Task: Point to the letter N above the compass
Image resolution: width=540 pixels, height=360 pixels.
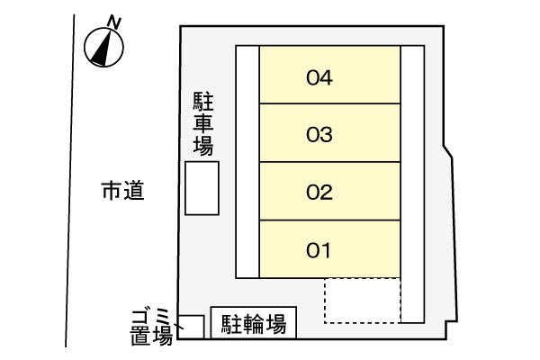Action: tap(113, 20)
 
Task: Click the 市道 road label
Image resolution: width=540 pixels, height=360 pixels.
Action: tap(122, 191)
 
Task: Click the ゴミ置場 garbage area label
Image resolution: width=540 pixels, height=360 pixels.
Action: tap(149, 326)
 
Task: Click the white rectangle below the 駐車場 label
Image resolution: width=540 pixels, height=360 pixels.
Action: tap(202, 188)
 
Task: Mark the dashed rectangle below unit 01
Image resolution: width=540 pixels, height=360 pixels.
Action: tap(362, 300)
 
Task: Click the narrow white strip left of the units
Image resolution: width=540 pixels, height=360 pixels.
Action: tap(247, 161)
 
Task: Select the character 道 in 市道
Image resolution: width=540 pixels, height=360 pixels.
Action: tap(134, 191)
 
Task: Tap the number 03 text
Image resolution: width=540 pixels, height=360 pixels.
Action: tap(320, 135)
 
